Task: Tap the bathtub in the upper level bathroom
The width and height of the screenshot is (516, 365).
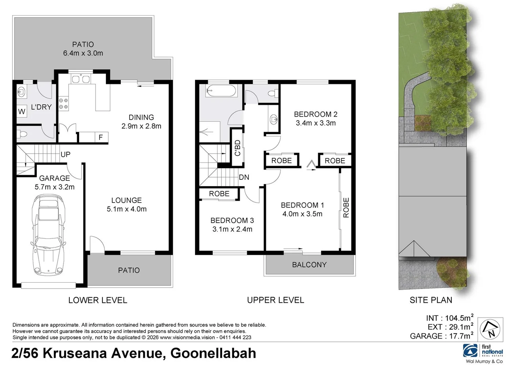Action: [x=221, y=91]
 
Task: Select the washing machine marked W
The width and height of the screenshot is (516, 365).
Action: [x=22, y=111]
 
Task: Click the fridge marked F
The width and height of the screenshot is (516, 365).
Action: [x=100, y=137]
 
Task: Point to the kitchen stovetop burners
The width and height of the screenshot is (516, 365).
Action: [x=63, y=103]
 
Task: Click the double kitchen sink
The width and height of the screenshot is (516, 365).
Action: [x=80, y=79]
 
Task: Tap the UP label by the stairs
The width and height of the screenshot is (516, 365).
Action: [x=65, y=154]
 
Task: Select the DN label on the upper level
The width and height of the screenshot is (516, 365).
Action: [x=244, y=177]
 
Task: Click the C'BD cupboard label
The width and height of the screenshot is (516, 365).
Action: [x=237, y=148]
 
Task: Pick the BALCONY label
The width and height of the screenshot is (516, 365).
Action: [x=309, y=265]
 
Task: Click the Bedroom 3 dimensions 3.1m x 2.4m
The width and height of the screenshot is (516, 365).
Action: [x=232, y=229]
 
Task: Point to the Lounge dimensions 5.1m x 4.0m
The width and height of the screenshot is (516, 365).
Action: [x=126, y=209]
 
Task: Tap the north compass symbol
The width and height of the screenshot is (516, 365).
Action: [x=491, y=330]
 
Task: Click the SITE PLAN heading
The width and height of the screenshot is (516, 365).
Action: [x=430, y=300]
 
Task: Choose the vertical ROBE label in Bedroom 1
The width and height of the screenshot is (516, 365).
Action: [x=346, y=208]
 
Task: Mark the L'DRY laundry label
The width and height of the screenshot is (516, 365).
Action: [x=41, y=107]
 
